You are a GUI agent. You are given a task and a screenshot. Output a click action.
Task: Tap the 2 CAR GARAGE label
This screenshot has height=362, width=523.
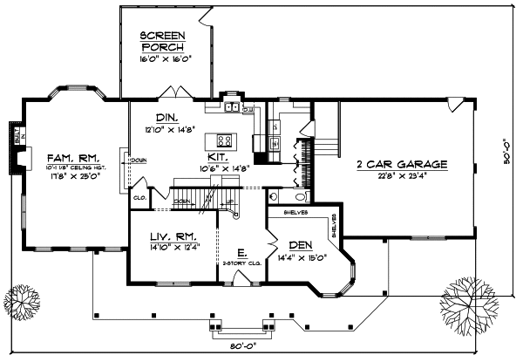point(401,163)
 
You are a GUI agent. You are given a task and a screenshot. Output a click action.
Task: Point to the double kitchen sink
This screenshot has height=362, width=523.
point(231,108)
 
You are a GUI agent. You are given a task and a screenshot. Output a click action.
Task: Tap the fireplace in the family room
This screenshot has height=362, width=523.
point(16,158)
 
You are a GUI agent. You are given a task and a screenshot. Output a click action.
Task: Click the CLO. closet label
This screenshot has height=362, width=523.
point(139,197)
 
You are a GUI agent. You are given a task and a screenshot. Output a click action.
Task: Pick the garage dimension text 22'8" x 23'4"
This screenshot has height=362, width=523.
point(401,174)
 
